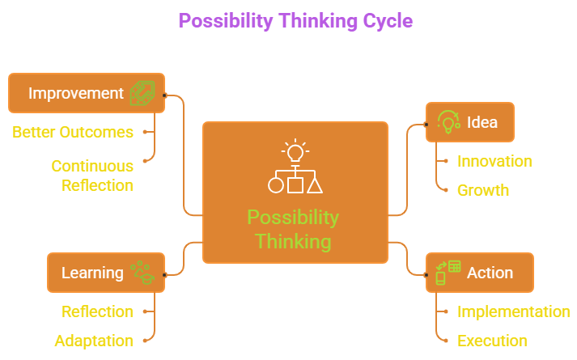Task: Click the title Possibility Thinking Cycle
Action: [295, 20]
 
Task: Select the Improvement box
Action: [86, 93]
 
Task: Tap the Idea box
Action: [469, 122]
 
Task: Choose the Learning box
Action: [105, 273]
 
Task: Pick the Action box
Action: [479, 273]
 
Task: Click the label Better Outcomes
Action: [73, 132]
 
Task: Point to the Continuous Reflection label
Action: [92, 176]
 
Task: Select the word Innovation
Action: [494, 161]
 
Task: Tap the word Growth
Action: [483, 190]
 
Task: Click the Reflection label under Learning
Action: [98, 311]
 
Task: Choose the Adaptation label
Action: [94, 341]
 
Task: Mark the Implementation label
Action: [513, 311]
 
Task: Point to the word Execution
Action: [492, 341]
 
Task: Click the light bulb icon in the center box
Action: [295, 151]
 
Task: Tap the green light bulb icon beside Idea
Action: [448, 121]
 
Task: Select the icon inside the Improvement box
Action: [142, 93]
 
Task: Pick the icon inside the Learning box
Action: [142, 273]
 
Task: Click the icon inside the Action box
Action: [448, 273]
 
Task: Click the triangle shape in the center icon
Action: [315, 185]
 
